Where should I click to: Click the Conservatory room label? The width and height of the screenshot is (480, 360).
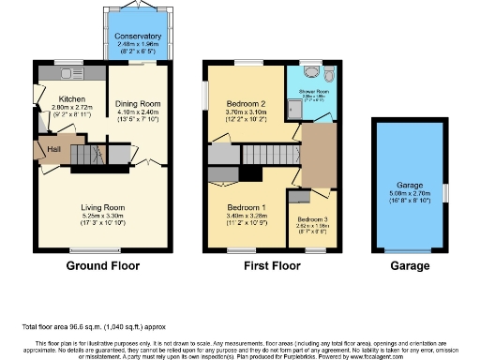tap(138, 37)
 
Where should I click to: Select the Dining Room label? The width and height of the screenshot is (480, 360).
tap(138, 104)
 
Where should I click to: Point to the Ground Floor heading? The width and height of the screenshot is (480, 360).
tap(98, 267)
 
